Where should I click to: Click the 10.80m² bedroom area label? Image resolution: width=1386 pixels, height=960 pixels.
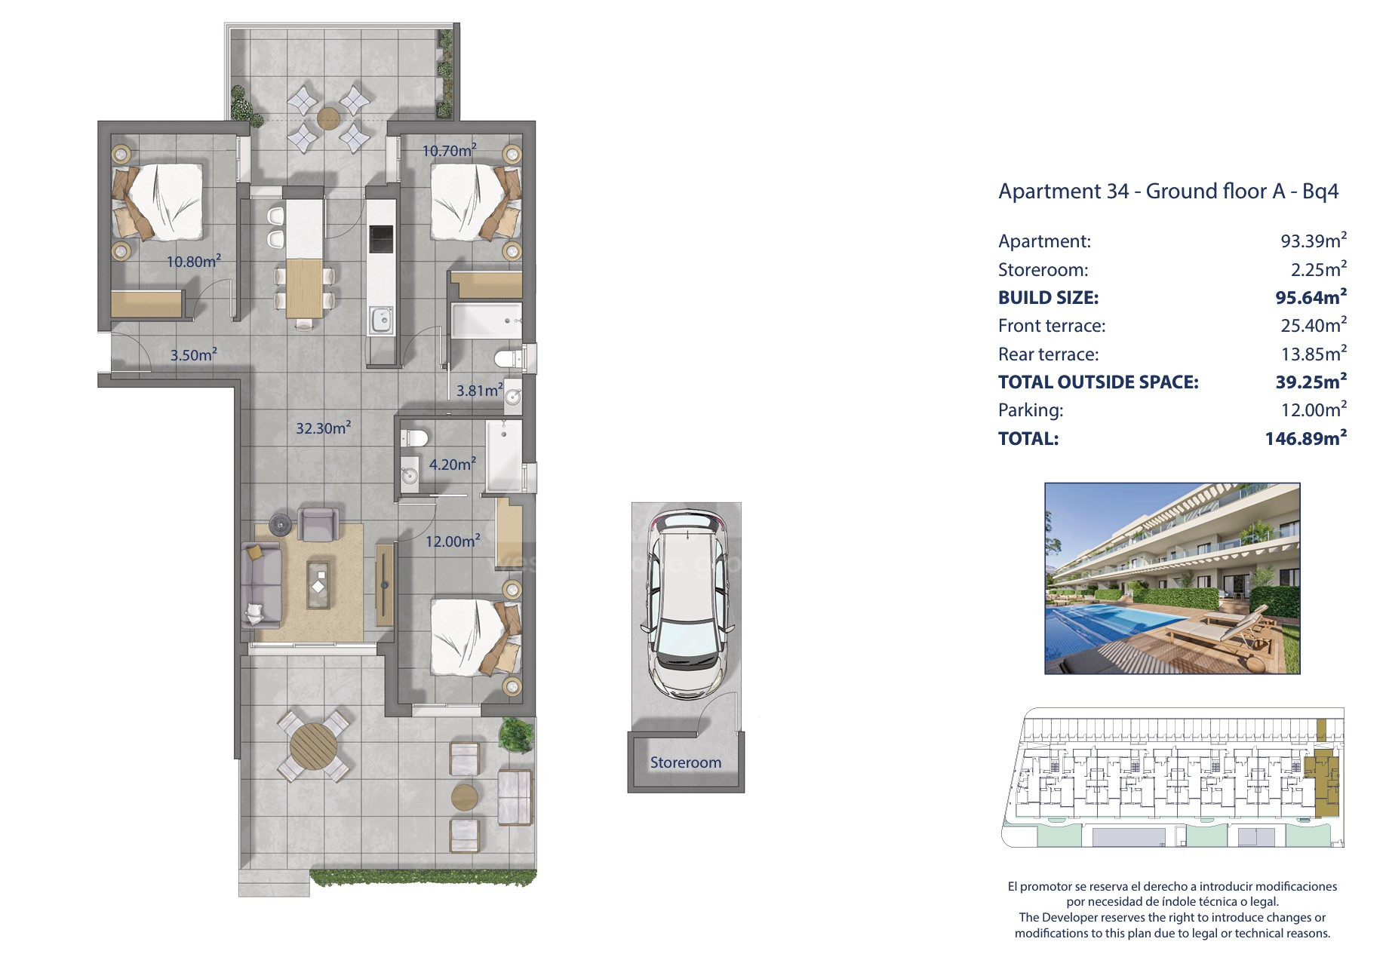pos(194,262)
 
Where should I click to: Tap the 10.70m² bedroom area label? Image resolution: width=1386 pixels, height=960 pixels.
pos(449,151)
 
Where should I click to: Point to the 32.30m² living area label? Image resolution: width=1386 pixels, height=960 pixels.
pos(323,428)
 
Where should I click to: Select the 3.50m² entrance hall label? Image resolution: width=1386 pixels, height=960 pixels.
pos(193,354)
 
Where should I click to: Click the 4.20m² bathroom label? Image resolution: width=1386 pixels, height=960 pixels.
pos(453,465)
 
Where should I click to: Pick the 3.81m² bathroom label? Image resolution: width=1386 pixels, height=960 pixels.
pos(480,391)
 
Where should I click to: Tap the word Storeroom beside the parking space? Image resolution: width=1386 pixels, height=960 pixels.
pos(686,762)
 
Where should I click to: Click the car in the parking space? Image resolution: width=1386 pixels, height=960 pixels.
pos(686,604)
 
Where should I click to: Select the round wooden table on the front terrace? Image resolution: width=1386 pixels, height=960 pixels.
pos(313,745)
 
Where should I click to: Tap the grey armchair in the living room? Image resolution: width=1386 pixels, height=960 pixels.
pos(318,525)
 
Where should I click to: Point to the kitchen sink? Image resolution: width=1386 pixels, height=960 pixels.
pos(381,321)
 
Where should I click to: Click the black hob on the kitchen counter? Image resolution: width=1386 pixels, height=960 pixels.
pos(380,239)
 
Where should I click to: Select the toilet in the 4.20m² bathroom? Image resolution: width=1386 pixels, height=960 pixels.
pos(414,437)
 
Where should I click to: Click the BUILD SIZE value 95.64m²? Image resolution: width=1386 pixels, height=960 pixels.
pos(1311,297)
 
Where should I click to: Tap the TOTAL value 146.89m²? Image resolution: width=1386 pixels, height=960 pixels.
pos(1305,438)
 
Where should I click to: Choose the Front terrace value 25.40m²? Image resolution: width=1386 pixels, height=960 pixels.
pos(1313,325)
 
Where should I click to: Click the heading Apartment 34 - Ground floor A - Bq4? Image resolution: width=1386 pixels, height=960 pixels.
pos(1168,191)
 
